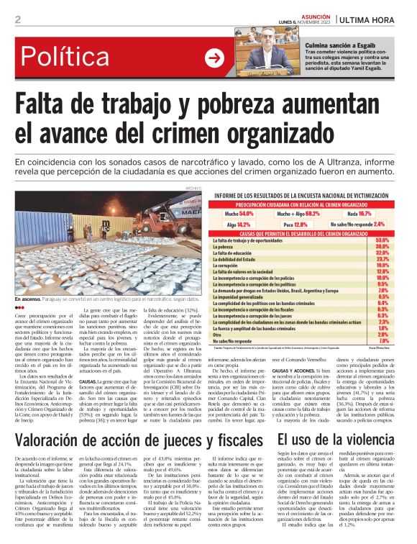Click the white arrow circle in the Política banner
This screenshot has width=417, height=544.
(214, 58)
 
